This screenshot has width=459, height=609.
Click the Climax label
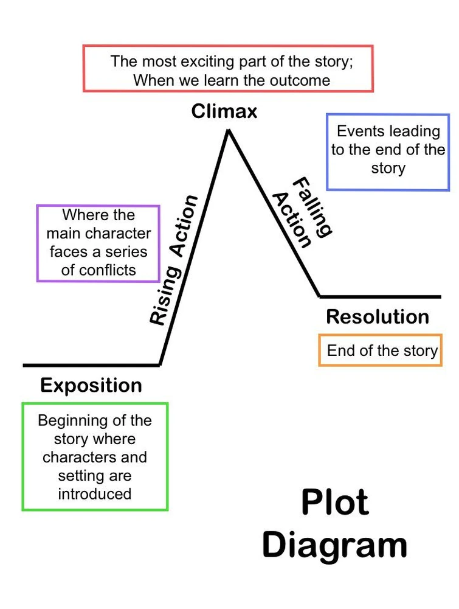tap(224, 111)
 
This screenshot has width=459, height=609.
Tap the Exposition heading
tap(91, 385)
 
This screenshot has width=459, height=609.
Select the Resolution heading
tap(378, 316)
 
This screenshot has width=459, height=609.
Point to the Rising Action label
tap(174, 260)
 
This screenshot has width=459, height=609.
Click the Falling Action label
tap(302, 213)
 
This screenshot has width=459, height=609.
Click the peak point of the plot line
tap(229, 130)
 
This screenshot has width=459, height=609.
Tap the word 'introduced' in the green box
tap(95, 493)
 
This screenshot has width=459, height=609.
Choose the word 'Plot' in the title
tap(335, 503)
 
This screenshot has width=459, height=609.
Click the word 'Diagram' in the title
tap(335, 544)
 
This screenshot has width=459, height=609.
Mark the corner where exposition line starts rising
tap(159, 365)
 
